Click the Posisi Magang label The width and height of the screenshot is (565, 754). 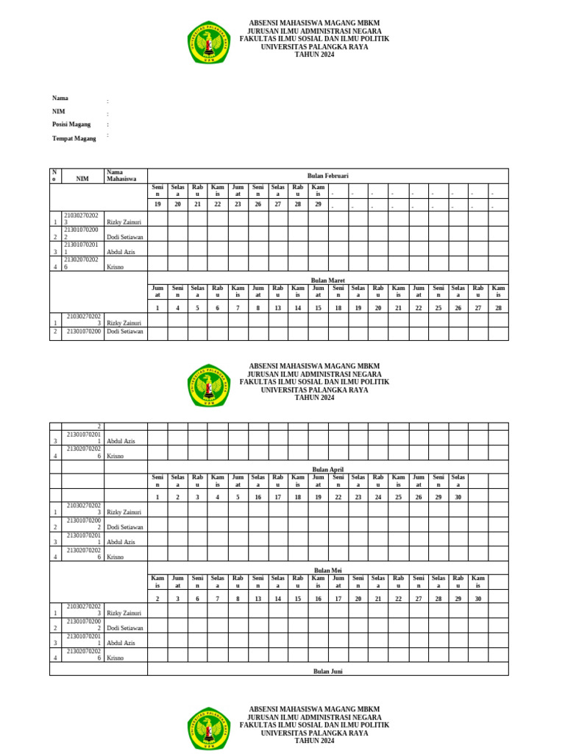click(71, 124)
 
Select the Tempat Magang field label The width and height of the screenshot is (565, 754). click(74, 138)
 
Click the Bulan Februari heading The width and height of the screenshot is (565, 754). click(327, 176)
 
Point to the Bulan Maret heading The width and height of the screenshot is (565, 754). click(327, 281)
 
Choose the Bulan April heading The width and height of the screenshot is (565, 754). click(327, 469)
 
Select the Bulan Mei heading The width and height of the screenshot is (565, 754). click(327, 571)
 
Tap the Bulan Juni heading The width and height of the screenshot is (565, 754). click(327, 672)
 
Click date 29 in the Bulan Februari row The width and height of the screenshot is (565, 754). click(318, 204)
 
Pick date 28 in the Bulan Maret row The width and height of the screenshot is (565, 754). click(498, 309)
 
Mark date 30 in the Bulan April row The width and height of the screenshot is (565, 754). click(458, 498)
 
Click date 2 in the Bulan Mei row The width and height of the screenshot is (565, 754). click(157, 599)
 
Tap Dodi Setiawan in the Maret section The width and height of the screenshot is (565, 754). click(125, 332)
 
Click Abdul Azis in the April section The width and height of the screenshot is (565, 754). click(121, 542)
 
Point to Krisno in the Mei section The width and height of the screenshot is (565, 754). click(115, 658)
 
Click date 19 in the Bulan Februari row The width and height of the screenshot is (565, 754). click(157, 204)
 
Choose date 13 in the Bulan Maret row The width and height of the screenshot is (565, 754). click(277, 309)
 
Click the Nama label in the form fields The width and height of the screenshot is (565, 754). click(60, 98)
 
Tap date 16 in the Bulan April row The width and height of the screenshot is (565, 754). click(257, 498)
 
